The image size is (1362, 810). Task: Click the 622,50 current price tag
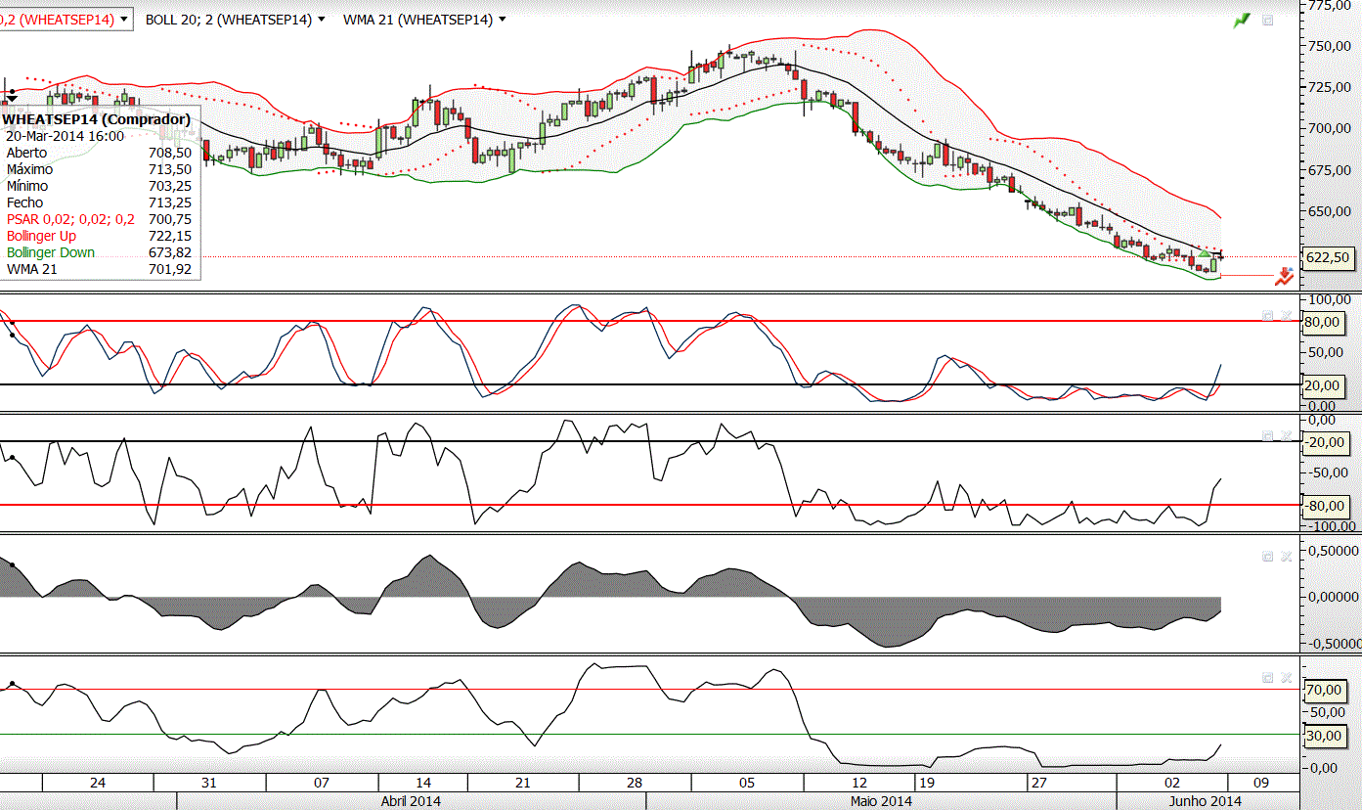tap(1328, 257)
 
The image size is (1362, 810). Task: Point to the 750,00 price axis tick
tap(1330, 46)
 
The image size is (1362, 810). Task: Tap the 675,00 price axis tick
tap(1330, 170)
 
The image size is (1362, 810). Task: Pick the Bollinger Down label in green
tap(51, 252)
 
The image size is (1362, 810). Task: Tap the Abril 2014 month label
tap(411, 801)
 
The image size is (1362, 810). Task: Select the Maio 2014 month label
tap(881, 801)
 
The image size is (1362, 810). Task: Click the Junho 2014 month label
tap(1206, 801)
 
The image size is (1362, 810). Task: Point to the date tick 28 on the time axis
tap(635, 783)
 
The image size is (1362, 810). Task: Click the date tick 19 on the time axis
tap(928, 783)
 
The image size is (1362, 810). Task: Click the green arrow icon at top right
tap(1242, 20)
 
